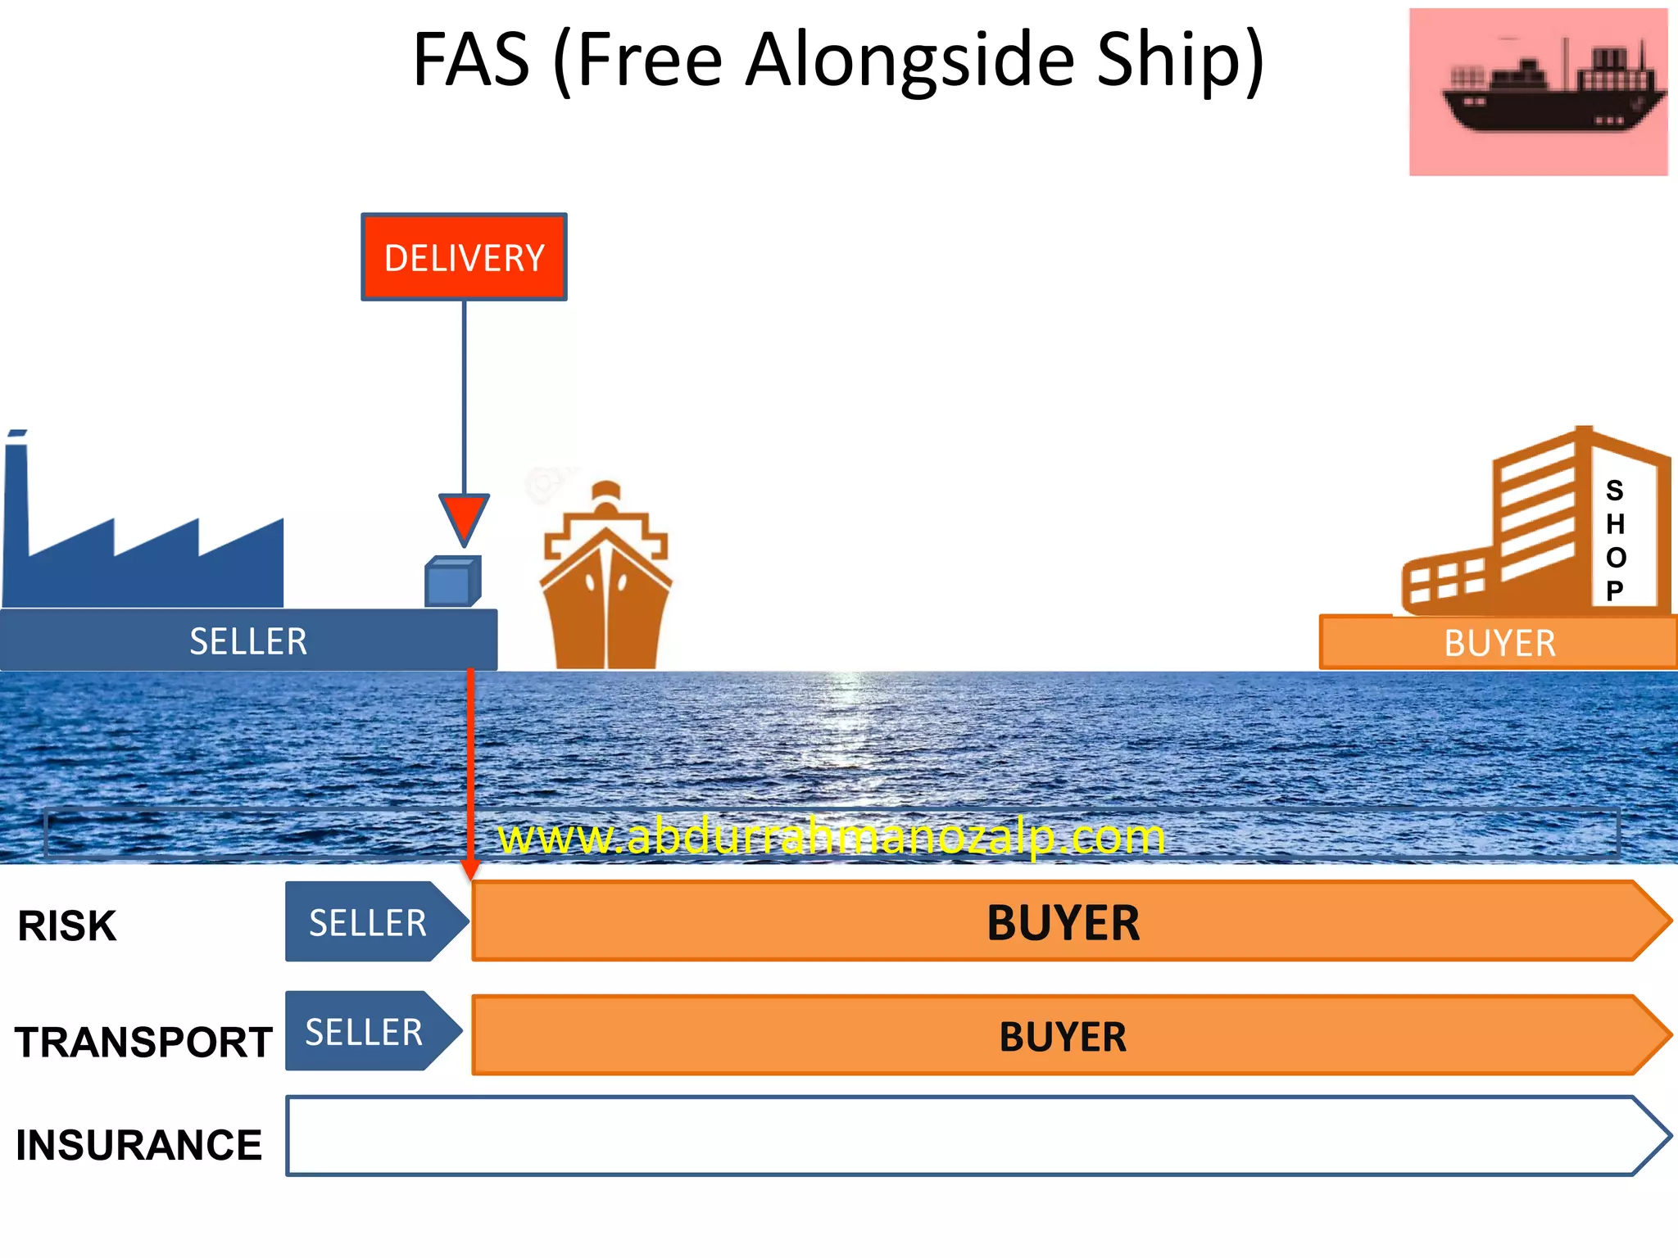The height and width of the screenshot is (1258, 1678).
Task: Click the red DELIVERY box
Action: click(x=464, y=257)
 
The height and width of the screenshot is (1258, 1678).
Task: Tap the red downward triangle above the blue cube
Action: click(x=464, y=517)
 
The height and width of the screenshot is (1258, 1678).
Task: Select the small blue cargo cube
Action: click(x=451, y=582)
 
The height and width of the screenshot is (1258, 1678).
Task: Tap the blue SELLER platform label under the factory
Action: click(x=248, y=641)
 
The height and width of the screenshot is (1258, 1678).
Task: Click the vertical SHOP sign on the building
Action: click(x=1615, y=541)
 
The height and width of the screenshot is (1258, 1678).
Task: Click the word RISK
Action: click(x=67, y=926)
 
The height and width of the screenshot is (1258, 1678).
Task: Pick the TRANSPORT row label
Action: click(x=143, y=1043)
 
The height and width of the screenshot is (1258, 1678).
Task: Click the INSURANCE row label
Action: click(x=138, y=1145)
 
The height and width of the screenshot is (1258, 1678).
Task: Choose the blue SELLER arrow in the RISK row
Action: click(x=369, y=923)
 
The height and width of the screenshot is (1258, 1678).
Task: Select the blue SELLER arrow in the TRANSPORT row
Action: click(x=365, y=1032)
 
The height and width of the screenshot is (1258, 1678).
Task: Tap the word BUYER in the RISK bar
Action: click(x=1063, y=923)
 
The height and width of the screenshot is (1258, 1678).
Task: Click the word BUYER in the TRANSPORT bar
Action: click(x=1063, y=1037)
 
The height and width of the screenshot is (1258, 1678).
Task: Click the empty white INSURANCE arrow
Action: click(x=967, y=1137)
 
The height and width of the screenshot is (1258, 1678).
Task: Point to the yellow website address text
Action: click(x=831, y=837)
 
